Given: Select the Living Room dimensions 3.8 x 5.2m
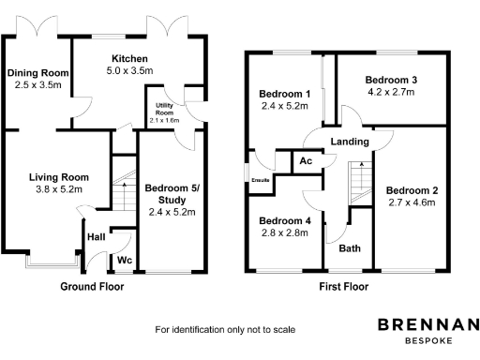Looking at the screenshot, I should pos(58,188).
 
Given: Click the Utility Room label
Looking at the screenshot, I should pos(165,110).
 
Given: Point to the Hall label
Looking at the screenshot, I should pos(97,237).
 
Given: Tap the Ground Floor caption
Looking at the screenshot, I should pos(92,286).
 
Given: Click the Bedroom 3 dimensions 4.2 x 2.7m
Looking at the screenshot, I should pos(395,93).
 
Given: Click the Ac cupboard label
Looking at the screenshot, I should pos(306,161).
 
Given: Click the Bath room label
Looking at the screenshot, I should pos(350,248).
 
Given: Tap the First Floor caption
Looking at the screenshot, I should pos(342,286).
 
